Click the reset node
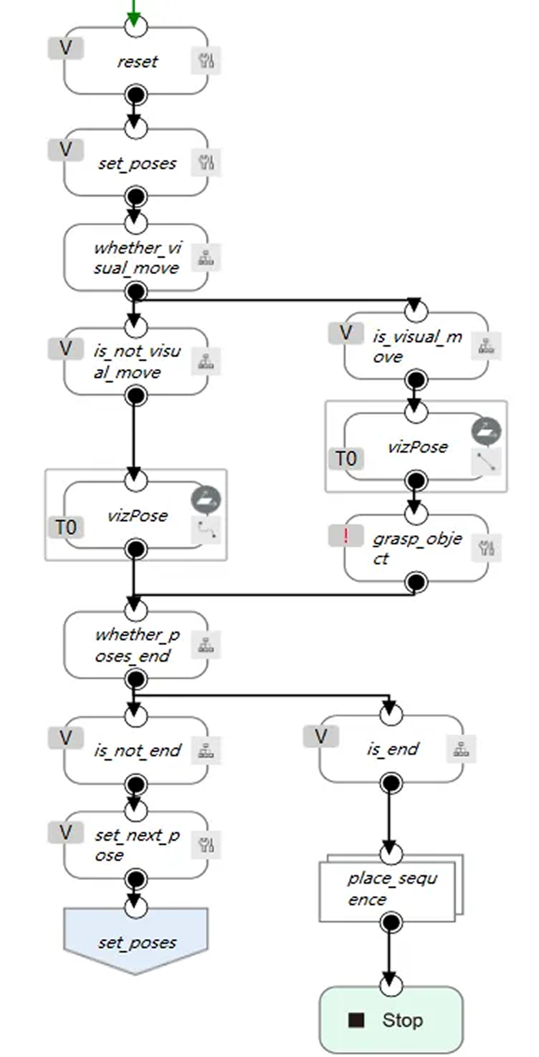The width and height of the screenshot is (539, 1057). click(x=136, y=62)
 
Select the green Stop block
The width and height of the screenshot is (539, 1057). click(x=391, y=1020)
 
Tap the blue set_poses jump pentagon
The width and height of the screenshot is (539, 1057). click(x=135, y=941)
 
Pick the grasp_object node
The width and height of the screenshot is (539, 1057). click(x=416, y=549)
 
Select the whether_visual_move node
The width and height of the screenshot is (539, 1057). click(x=135, y=258)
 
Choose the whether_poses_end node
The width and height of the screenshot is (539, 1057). click(x=135, y=645)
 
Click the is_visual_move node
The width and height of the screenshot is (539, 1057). click(x=416, y=346)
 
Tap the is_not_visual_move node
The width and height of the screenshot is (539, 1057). click(x=135, y=362)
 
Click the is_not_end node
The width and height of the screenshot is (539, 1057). click(x=135, y=750)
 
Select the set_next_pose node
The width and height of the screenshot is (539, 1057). click(x=135, y=846)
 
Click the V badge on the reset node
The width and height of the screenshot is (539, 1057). click(x=66, y=49)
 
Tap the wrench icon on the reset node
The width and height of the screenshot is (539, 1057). click(x=206, y=62)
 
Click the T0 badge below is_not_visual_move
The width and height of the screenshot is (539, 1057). click(x=66, y=528)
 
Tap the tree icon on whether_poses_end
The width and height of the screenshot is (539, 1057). click(x=206, y=645)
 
